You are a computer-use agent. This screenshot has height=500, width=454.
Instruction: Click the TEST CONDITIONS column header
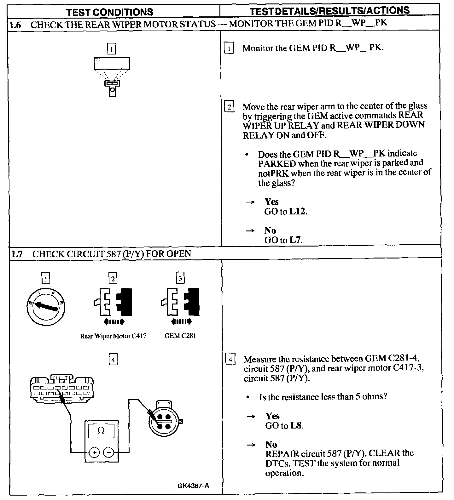[110, 12]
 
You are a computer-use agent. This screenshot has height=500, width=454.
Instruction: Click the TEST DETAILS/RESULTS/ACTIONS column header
[329, 10]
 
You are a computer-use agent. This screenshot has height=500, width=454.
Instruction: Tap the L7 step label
[17, 254]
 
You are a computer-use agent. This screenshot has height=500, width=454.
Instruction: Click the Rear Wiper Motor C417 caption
[113, 336]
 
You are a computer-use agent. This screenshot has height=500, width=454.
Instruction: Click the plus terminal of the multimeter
[94, 453]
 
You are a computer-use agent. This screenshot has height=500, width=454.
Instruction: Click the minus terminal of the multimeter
[108, 453]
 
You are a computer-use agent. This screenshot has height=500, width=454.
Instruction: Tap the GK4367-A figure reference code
[193, 485]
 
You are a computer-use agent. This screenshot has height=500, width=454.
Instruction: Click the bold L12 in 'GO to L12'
[297, 211]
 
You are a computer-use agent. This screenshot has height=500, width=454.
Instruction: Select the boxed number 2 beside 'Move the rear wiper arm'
[229, 107]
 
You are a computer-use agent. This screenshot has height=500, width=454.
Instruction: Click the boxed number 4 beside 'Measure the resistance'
[230, 359]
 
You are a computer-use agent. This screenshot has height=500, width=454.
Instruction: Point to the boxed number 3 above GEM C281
[180, 278]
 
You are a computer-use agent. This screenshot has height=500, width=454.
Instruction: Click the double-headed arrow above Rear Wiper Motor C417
[114, 322]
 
